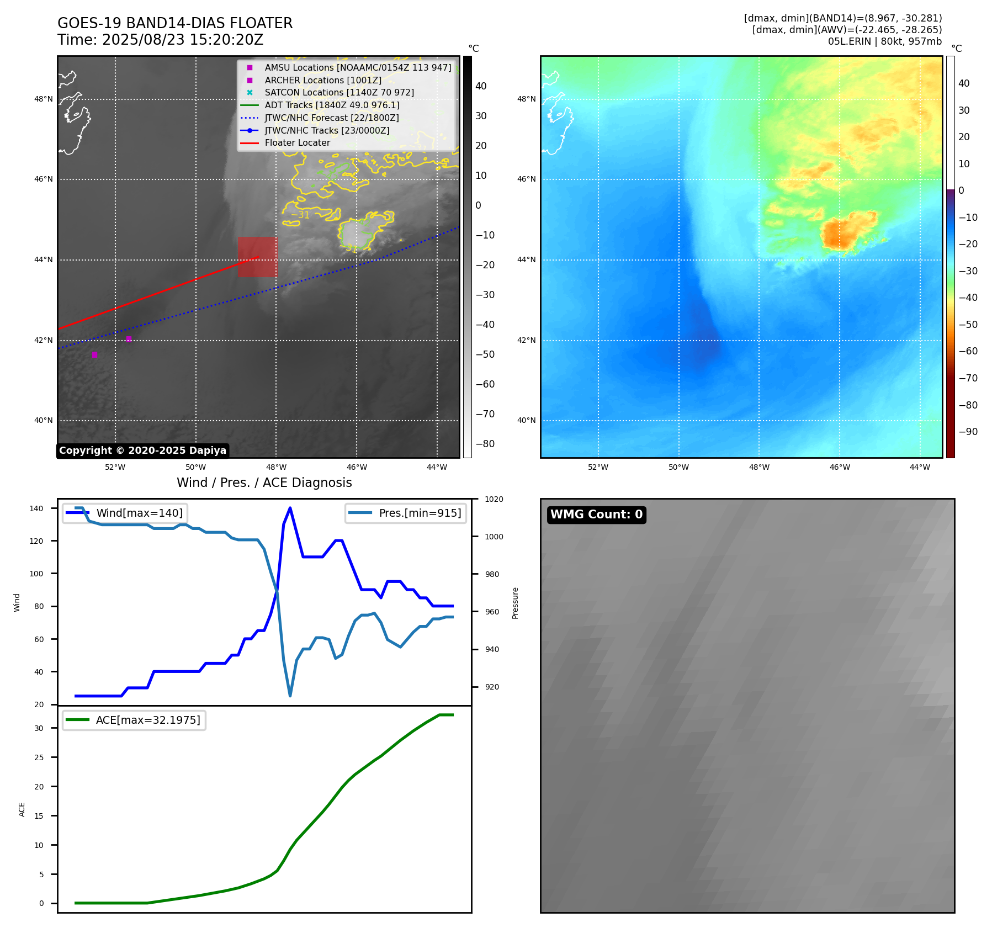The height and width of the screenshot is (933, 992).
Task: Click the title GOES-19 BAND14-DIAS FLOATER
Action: click(175, 23)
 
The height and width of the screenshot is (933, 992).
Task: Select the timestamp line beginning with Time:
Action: click(160, 40)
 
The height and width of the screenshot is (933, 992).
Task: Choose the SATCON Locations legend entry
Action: click(339, 92)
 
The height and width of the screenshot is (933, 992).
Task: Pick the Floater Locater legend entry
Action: click(297, 142)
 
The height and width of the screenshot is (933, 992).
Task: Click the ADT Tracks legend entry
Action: click(332, 105)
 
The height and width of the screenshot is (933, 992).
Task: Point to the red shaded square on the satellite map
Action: click(258, 257)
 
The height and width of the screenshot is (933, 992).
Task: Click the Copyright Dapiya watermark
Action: click(142, 450)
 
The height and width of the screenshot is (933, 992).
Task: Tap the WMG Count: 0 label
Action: click(596, 515)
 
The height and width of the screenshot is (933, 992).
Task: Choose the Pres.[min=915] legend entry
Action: click(420, 513)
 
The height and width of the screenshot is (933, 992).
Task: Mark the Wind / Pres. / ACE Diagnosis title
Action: click(264, 483)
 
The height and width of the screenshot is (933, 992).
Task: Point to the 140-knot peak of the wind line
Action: click(290, 508)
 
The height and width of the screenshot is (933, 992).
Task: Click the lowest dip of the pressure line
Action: click(290, 696)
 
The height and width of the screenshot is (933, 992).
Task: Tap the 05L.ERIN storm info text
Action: click(884, 41)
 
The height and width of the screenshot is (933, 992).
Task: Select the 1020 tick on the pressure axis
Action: click(494, 499)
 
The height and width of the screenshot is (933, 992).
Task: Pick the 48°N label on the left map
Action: click(44, 99)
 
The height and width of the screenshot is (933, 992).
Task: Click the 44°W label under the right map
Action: click(920, 467)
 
